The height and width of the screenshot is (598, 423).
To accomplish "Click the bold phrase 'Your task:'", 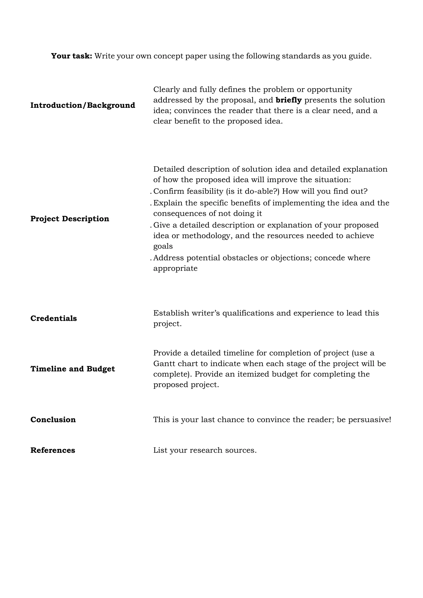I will click(x=72, y=56).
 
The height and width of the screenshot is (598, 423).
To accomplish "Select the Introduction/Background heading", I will click(x=83, y=105).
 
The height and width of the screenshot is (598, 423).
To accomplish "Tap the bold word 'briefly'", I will click(x=288, y=100).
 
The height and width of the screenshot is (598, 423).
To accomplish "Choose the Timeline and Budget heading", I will click(x=72, y=369).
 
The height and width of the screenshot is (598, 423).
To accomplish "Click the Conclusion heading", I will click(x=53, y=420).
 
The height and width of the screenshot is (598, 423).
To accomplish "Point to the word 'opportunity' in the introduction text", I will click(x=329, y=90).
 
